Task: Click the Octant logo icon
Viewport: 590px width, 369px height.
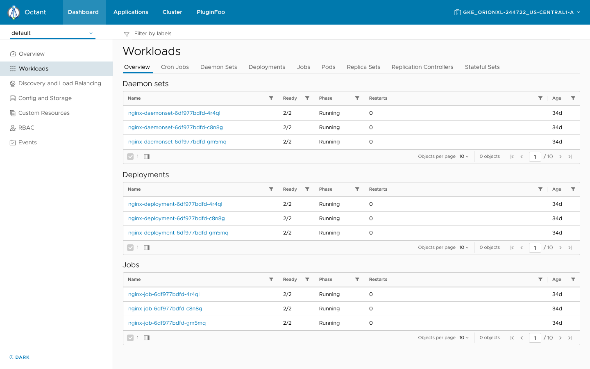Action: coord(14,12)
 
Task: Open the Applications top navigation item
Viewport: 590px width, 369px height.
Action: coord(131,12)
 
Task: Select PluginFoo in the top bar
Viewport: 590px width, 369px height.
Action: coord(211,12)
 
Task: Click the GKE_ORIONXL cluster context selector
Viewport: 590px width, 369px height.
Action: coord(517,12)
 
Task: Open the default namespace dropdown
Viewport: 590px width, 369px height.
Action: coord(52,33)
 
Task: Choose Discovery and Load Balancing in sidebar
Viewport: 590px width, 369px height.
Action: coord(59,83)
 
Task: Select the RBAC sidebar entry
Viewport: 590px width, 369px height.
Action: coord(26,128)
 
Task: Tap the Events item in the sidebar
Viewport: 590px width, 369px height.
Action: coord(27,142)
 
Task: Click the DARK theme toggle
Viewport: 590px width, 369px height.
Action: coord(20,357)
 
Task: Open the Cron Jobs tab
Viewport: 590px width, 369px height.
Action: coord(175,67)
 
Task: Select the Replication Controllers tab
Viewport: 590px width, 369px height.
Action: coord(422,67)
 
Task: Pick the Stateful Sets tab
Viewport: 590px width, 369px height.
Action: coord(482,67)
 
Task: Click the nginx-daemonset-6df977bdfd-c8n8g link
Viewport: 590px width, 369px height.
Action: coord(175,127)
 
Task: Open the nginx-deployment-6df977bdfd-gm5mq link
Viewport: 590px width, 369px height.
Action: coord(178,232)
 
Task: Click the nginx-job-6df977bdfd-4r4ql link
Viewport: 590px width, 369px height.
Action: coord(164,294)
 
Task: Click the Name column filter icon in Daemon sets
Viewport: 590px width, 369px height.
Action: coord(271,98)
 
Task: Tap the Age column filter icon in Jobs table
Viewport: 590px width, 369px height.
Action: coord(573,279)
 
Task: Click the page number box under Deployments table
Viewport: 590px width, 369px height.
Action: coord(535,248)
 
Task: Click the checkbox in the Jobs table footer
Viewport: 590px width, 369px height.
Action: coord(130,338)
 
